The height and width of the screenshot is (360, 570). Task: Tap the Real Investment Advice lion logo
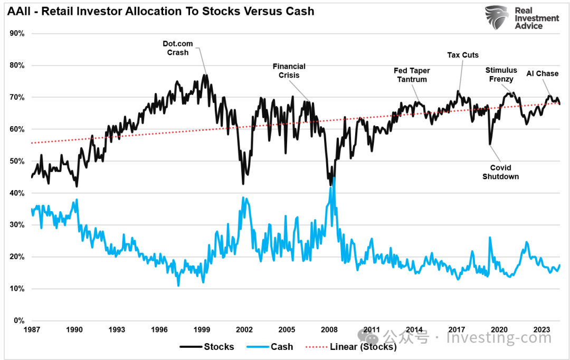click(497, 18)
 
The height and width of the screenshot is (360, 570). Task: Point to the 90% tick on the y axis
click(17, 34)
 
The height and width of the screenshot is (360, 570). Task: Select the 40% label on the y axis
click(17, 193)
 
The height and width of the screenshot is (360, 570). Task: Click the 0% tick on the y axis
click(19, 321)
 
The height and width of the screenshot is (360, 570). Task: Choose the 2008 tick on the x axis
click(329, 330)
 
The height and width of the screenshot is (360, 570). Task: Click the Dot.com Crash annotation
click(178, 48)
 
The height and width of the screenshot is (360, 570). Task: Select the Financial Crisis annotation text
click(289, 71)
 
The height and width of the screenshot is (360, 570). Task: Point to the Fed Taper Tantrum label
click(412, 75)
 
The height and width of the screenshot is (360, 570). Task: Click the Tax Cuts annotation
click(463, 55)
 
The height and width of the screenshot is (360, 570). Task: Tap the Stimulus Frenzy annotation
click(501, 74)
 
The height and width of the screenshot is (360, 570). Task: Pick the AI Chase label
click(542, 73)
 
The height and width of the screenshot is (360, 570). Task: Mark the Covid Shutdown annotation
click(500, 172)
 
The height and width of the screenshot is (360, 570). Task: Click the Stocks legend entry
click(207, 347)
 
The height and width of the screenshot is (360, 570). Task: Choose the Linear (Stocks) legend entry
click(351, 347)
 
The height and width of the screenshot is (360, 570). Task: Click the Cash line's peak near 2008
click(334, 178)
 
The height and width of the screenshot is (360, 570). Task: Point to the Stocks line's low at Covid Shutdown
click(490, 144)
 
